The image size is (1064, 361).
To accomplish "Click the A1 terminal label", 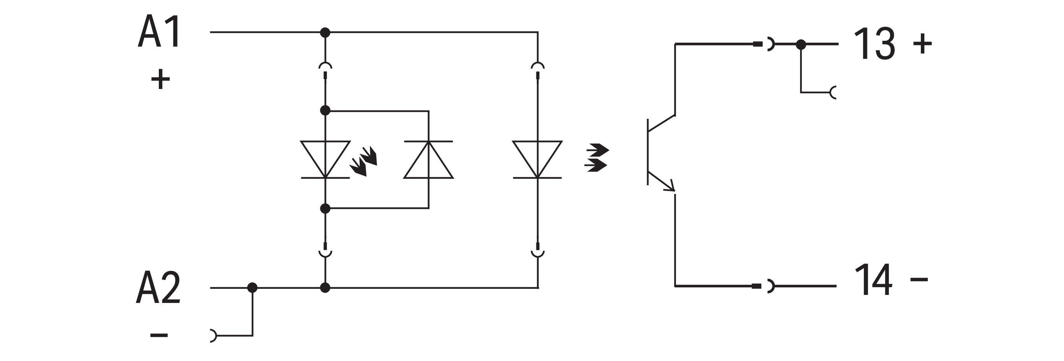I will (x=160, y=32).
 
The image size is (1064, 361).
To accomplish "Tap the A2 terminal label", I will (x=158, y=288).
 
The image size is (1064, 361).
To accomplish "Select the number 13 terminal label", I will (x=874, y=44).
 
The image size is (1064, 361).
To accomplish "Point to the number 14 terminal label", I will (x=873, y=280).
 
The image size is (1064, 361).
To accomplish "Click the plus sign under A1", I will (x=160, y=79).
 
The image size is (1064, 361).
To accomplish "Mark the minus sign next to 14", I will (x=919, y=280).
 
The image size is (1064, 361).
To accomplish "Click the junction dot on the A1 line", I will (x=326, y=32).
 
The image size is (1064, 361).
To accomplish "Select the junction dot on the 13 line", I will (x=801, y=44).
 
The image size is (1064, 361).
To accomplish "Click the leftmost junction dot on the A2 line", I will (x=252, y=287).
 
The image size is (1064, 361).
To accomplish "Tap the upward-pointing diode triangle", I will (x=429, y=160).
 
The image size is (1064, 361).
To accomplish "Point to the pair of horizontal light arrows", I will (x=597, y=157).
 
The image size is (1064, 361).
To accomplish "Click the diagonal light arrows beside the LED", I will (x=363, y=161).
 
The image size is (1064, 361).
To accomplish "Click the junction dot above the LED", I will (x=326, y=110).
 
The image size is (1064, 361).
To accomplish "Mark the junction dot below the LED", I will (x=326, y=209).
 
